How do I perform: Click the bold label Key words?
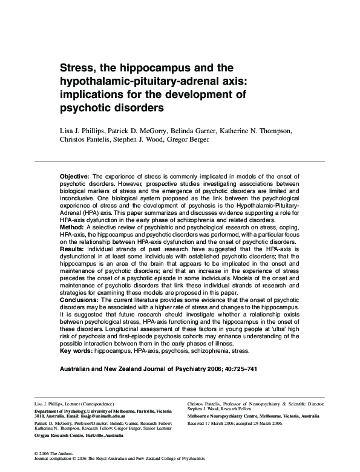point(77,350)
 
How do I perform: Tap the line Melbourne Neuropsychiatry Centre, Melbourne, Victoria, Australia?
point(254,417)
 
